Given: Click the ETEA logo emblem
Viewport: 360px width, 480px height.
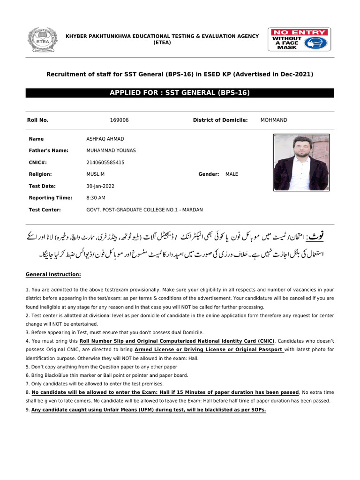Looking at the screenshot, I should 43,39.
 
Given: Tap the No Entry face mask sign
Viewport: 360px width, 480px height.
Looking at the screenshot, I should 300,39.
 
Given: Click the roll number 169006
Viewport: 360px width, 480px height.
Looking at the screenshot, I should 119,120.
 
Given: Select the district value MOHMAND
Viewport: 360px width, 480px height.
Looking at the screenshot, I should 274,120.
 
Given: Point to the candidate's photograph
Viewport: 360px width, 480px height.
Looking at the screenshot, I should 301,163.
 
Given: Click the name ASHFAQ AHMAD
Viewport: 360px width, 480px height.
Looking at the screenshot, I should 105,139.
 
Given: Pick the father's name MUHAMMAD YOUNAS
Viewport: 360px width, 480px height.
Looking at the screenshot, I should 111,150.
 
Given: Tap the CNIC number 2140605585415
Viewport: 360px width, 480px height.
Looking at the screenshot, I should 105,162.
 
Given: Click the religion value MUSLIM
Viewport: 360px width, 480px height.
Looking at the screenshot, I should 96,174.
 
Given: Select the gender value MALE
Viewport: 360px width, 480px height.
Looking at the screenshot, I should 232,174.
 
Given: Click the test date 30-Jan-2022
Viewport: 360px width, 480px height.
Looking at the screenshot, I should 100,186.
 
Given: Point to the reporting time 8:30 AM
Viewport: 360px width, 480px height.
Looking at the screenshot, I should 96,198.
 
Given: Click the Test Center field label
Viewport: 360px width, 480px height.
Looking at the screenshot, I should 45,210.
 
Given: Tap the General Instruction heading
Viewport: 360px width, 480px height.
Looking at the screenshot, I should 53,274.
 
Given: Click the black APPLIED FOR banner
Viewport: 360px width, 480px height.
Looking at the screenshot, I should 180,93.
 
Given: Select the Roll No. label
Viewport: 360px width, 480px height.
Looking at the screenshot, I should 38,120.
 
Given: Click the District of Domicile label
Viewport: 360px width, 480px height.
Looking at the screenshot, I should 220,120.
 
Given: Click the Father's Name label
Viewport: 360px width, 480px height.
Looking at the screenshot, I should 48,150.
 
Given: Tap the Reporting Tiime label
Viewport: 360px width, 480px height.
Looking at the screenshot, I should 50,198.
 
